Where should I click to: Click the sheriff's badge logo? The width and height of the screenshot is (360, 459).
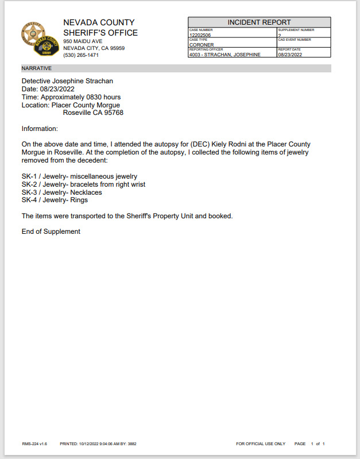40,39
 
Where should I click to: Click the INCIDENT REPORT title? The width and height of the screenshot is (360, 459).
259,22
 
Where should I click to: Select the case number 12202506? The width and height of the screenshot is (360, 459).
200,35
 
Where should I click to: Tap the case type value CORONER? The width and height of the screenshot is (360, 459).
202,44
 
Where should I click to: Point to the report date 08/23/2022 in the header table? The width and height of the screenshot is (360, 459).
289,55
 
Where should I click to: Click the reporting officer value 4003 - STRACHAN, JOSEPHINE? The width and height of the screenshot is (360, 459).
224,55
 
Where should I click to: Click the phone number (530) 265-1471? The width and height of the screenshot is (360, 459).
81,55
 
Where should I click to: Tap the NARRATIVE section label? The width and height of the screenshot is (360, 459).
37,68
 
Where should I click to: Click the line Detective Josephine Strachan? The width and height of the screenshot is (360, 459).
67,82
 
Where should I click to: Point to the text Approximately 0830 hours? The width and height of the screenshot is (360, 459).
79,98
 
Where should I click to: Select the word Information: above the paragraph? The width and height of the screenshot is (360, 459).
40,129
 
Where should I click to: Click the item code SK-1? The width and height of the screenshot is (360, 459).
29,176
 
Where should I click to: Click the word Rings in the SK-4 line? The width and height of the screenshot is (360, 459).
79,200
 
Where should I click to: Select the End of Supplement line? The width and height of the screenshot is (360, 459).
51,232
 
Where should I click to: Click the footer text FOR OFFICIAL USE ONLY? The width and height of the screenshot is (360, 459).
261,444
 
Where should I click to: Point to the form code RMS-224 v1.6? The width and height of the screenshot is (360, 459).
34,444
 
